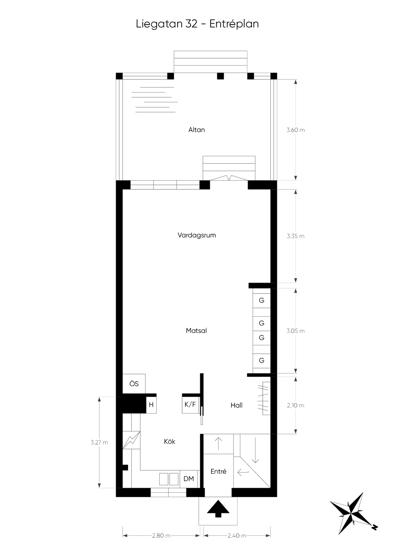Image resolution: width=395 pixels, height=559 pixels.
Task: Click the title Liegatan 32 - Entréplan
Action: point(197,24)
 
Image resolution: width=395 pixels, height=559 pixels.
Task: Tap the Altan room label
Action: point(196,130)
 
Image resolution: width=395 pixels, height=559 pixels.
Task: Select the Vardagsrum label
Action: point(197,235)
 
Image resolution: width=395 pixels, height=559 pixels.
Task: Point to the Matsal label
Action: point(196,331)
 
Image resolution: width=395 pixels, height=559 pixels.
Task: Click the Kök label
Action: point(169,442)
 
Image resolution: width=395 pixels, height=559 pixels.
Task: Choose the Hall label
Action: point(236,405)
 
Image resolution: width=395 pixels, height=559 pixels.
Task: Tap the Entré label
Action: point(218,471)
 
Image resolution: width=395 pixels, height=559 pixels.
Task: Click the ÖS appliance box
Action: point(134,384)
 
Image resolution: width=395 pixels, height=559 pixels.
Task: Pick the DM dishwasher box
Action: point(189,479)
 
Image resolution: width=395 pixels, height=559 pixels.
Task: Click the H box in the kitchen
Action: point(151,405)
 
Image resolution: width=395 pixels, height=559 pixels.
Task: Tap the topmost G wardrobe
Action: point(262,300)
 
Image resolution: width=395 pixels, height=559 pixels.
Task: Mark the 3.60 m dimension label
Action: point(295,130)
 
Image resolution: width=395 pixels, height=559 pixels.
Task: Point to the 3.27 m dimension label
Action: point(99,442)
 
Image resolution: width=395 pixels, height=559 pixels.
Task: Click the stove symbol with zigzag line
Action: point(132,440)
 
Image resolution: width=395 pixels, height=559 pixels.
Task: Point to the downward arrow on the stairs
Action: point(255,450)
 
